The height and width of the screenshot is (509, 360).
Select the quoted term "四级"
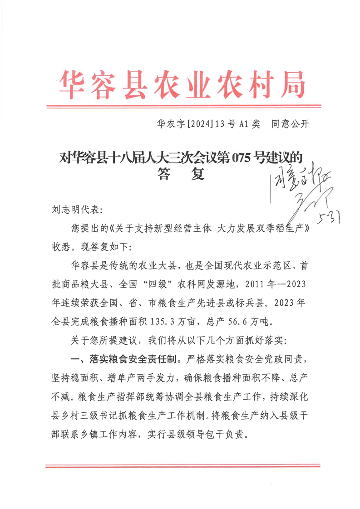pos(156,285)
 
